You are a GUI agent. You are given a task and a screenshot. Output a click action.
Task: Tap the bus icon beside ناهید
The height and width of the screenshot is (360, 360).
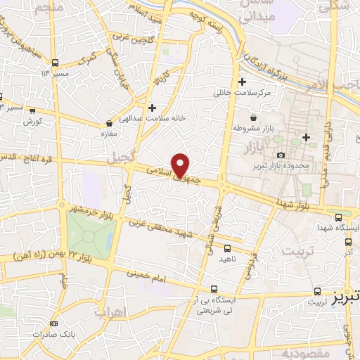[227, 247]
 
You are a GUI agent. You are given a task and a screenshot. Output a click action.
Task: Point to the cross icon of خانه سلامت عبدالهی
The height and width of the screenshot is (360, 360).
[152, 107]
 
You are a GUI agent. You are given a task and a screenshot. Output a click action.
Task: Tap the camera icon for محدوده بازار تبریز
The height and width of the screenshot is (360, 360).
[281, 155]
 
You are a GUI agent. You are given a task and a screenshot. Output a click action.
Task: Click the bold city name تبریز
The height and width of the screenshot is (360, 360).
[343, 291]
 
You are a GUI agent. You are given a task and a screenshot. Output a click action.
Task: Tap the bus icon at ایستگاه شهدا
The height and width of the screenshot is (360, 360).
[339, 217]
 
